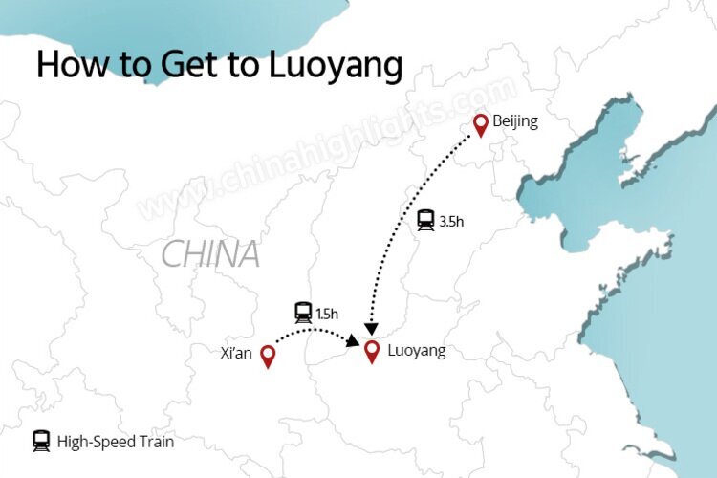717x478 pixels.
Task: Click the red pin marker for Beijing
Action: click(481, 124)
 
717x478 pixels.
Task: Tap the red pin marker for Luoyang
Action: click(372, 350)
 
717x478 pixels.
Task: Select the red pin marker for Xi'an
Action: click(268, 356)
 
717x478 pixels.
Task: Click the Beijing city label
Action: click(516, 121)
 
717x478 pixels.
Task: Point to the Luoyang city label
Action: click(417, 351)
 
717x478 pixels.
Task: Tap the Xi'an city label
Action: click(235, 353)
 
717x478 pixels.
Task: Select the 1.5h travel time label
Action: click(327, 313)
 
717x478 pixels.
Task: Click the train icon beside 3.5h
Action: click(425, 221)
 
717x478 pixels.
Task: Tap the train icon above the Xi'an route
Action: click(303, 312)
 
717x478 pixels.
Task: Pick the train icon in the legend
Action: click(41, 441)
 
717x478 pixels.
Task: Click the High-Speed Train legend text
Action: click(116, 442)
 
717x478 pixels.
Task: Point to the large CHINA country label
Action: click(210, 254)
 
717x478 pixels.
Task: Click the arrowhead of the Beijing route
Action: click(371, 328)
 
